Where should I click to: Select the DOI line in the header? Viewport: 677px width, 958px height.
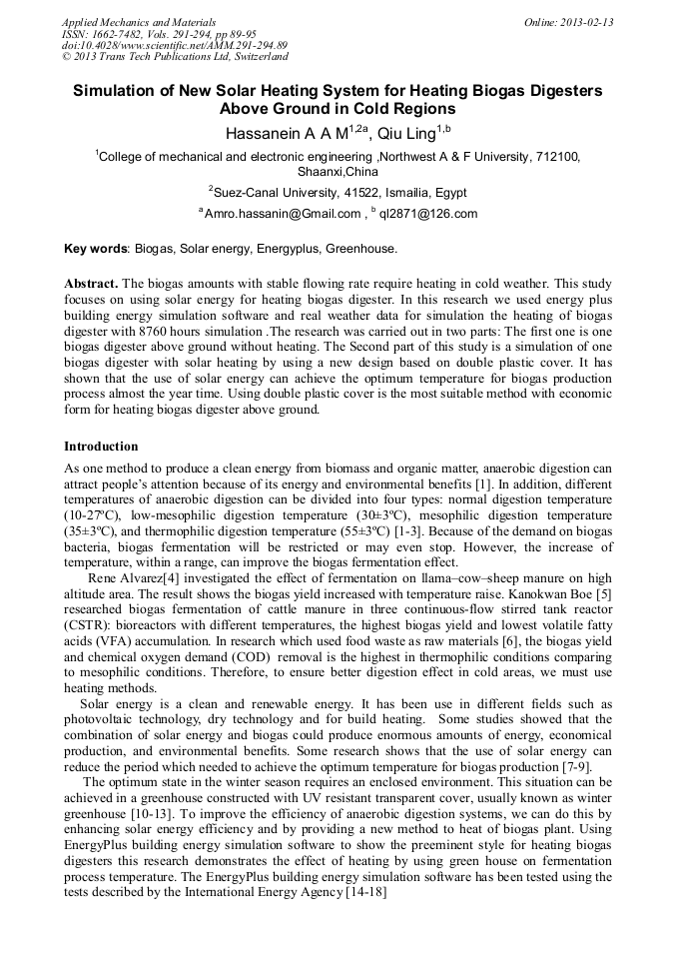point(175,46)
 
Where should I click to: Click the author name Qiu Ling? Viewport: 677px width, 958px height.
point(405,134)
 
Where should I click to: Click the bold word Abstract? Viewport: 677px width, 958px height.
point(91,284)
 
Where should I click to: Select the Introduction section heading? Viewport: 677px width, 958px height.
point(101,446)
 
